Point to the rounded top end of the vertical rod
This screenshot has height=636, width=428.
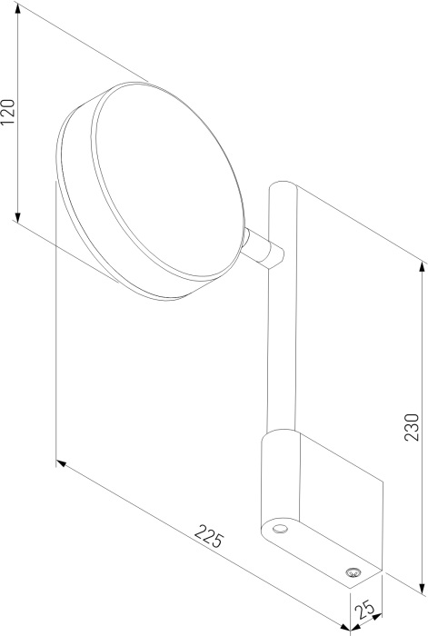pyautogui.click(x=281, y=188)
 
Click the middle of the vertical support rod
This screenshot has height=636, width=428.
pyautogui.click(x=278, y=345)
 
